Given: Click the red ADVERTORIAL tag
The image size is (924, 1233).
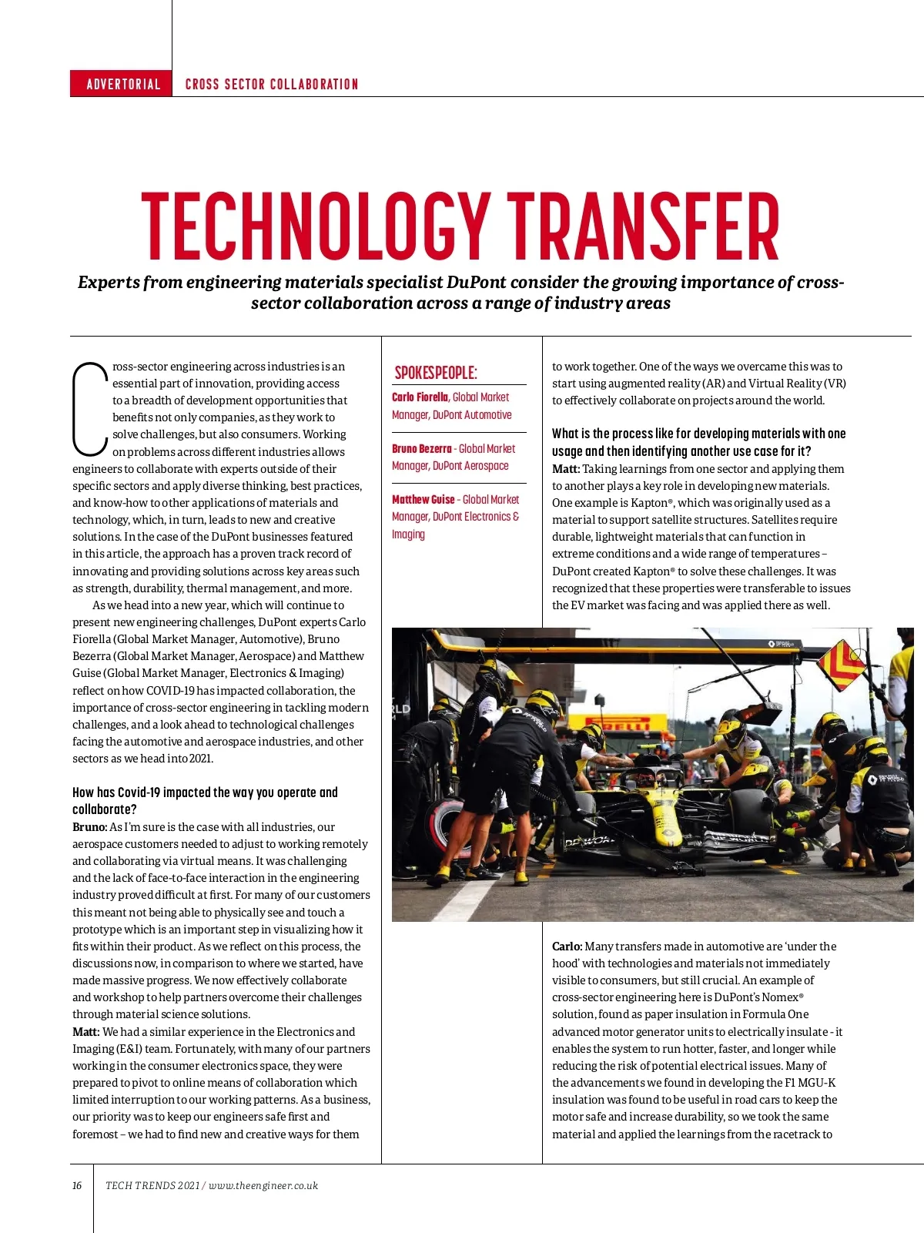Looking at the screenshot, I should (122, 84).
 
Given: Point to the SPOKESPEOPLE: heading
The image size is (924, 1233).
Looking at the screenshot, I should (436, 373).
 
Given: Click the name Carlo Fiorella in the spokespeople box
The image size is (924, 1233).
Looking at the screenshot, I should (420, 397).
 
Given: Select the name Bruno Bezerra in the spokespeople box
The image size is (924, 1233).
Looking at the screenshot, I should (422, 449).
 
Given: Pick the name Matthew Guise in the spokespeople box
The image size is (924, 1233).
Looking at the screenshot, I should (423, 500).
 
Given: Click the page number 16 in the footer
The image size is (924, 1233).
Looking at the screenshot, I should (77, 1185).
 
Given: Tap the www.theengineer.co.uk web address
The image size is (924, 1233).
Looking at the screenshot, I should (263, 1185).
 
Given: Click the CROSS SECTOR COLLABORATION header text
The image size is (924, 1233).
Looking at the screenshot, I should (272, 84).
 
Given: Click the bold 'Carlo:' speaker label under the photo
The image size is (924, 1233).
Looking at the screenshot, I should (567, 947).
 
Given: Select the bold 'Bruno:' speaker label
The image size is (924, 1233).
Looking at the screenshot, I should (89, 827).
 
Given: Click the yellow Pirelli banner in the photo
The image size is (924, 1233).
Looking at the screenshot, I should (618, 724).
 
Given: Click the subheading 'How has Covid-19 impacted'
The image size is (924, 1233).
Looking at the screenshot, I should (205, 792).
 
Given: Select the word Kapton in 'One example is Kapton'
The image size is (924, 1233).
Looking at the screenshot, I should (649, 503).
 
